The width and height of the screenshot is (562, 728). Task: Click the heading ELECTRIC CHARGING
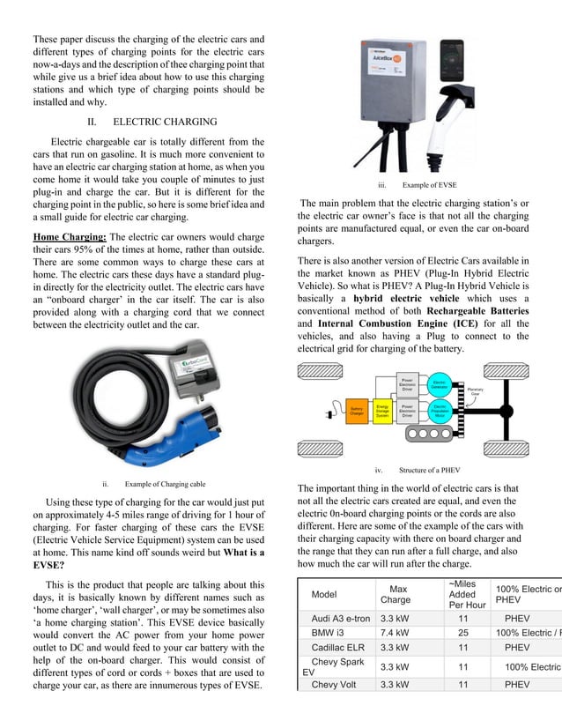tap(165, 122)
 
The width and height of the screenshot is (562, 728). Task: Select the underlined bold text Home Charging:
tap(70, 237)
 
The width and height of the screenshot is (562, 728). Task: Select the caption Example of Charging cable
tap(165, 483)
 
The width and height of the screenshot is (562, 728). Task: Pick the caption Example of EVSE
tap(429, 185)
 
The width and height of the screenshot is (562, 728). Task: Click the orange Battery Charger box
tap(358, 411)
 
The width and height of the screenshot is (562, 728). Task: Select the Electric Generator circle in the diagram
tap(442, 386)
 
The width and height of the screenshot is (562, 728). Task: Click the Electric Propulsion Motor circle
tap(442, 411)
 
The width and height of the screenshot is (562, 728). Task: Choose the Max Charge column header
tap(395, 594)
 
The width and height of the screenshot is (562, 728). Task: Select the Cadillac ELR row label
tap(337, 648)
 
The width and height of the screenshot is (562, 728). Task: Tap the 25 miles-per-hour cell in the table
tap(463, 633)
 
